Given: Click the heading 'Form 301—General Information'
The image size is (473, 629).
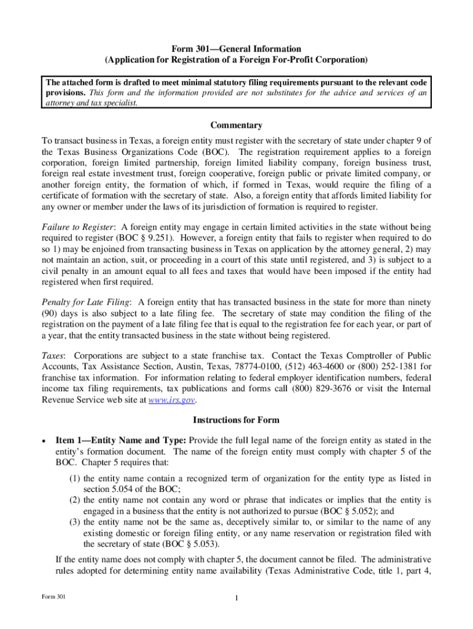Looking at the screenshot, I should pos(237,49).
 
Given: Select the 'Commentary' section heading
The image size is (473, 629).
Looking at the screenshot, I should pos(237,125).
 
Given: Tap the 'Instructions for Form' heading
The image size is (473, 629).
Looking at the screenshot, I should pos(237,420).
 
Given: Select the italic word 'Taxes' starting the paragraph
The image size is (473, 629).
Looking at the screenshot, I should pos(54,356).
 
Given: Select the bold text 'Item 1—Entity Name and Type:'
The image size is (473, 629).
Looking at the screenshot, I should pos(120,440).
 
